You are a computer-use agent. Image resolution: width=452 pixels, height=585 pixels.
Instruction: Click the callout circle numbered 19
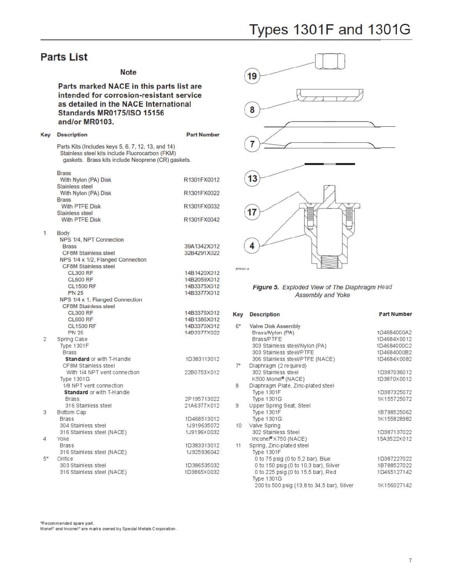(x=252, y=76)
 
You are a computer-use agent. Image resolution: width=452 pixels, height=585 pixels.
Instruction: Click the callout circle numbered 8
(x=252, y=110)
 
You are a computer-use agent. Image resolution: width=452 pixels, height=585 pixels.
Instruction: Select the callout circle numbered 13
(x=252, y=179)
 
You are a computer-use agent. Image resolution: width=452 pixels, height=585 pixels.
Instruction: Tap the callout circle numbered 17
(x=252, y=212)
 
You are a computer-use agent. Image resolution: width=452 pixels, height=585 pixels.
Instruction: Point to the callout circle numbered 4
(x=252, y=246)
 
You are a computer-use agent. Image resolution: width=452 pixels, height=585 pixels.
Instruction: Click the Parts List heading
(x=64, y=57)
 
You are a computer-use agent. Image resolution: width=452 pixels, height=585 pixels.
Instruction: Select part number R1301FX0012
(x=201, y=180)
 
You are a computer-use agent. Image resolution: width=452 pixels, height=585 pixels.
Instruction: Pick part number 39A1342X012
(x=202, y=246)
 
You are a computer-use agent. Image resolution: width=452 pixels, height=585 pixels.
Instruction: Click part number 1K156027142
(x=394, y=486)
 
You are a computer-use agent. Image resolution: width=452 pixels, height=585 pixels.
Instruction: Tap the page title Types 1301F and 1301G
(x=330, y=30)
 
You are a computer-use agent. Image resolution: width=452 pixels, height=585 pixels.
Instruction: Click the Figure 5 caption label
(x=266, y=287)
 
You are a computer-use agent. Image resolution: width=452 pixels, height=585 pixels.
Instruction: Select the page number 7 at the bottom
(x=410, y=560)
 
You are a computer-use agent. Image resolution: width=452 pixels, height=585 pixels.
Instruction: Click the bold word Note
(x=128, y=72)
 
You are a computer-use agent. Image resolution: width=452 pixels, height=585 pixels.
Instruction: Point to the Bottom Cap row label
(x=71, y=412)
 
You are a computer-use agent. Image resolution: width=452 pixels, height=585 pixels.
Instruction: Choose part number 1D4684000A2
(x=394, y=333)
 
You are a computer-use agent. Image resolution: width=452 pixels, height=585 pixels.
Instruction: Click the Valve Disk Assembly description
(x=275, y=326)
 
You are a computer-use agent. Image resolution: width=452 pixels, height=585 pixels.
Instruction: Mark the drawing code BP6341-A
(x=242, y=269)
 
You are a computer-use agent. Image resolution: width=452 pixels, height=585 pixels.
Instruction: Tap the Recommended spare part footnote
(x=67, y=523)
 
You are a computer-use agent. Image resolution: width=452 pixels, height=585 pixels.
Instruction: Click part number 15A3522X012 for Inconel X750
(x=394, y=439)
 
